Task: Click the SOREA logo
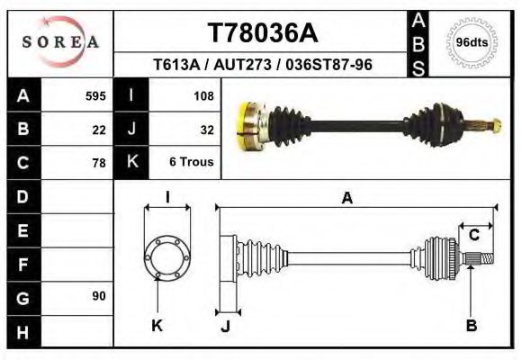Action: coord(60,42)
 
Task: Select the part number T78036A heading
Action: coord(263,33)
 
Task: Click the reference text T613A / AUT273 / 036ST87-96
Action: coord(263,65)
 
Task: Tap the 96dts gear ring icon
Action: coord(472,42)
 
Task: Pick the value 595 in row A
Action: coord(95,95)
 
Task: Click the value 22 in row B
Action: coord(99,129)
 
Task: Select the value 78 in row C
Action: coord(99,163)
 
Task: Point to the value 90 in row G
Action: coord(98,296)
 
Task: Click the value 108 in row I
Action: coord(202,95)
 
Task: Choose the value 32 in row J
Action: coord(206,129)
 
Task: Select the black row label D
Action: coord(22,196)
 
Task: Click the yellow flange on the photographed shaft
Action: coord(246,126)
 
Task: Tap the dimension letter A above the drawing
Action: coord(347,200)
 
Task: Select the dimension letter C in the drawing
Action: coord(473,236)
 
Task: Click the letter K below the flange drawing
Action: coord(157,326)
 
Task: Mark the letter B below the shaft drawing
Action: coord(471,326)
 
